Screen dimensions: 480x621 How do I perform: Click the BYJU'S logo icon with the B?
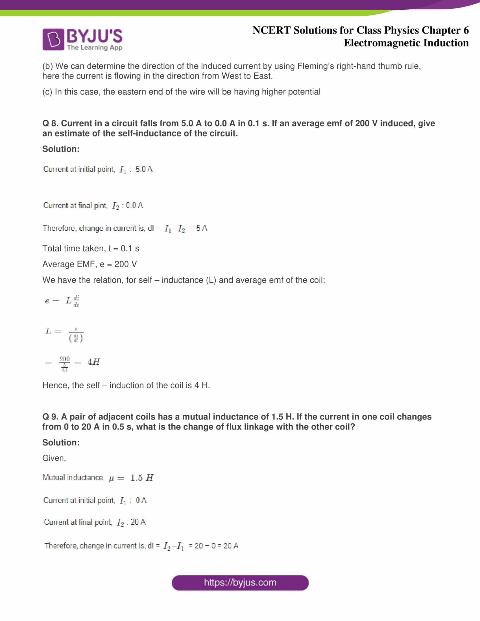pos(53,39)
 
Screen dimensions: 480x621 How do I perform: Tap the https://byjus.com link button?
pos(240,583)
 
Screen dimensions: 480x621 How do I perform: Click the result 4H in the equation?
pos(93,362)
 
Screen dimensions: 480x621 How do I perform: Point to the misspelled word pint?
pos(100,205)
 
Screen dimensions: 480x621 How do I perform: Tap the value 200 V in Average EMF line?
pos(125,264)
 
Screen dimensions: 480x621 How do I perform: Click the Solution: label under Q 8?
pos(61,149)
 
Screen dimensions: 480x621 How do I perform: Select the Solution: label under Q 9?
pos(61,442)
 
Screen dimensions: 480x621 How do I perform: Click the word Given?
pos(54,458)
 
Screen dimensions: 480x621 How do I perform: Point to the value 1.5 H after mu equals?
pos(142,478)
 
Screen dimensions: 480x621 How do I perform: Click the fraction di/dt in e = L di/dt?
pos(76,301)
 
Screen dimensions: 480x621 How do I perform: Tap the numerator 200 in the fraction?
pos(65,359)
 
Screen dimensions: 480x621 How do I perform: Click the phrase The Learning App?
pos(95,47)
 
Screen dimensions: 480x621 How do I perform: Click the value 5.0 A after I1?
pos(144,169)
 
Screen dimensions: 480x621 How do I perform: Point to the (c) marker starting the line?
pos(47,92)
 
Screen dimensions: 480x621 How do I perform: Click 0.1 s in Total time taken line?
pos(130,248)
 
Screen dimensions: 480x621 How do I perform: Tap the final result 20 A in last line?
pos(231,546)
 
